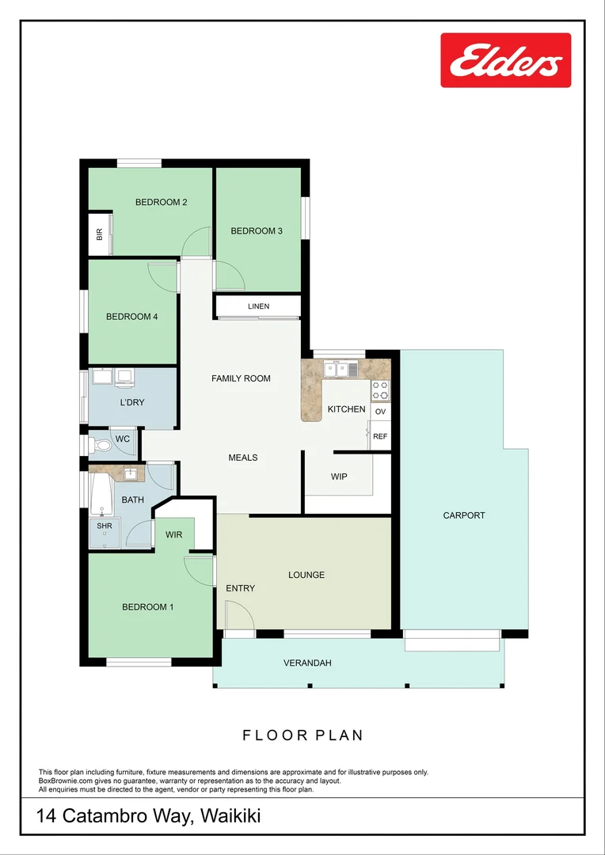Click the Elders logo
(505, 60)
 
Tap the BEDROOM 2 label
(161, 202)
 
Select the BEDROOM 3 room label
(257, 231)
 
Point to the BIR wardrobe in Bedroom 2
(100, 234)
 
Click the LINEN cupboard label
(258, 306)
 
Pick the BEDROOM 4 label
(131, 317)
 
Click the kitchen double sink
(341, 368)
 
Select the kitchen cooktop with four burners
(381, 389)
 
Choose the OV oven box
(381, 412)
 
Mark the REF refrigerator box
(381, 436)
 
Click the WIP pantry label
(339, 477)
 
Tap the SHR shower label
(105, 526)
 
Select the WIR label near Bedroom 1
(174, 535)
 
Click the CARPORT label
(464, 515)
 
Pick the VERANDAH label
(307, 663)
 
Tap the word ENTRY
(241, 588)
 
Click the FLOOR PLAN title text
(302, 735)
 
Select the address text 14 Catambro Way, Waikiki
(149, 815)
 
